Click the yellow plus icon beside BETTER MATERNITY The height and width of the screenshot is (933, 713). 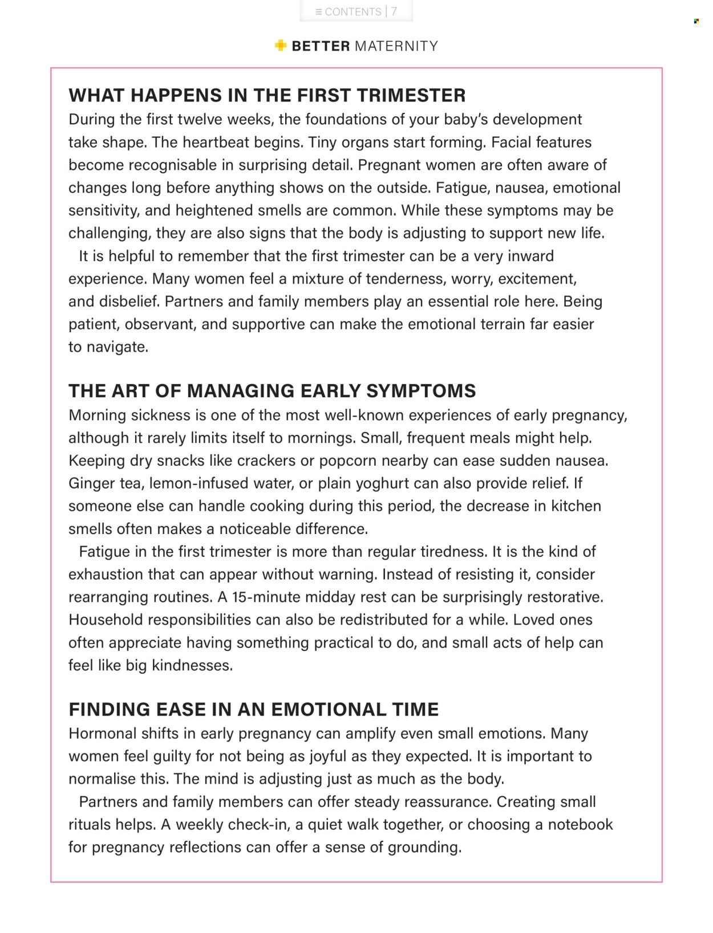coord(280,46)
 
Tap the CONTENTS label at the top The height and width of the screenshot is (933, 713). coord(353,12)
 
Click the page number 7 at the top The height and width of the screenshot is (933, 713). coord(394,12)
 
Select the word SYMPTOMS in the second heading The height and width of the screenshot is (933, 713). coord(420,391)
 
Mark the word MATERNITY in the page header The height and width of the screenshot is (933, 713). coord(396,46)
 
